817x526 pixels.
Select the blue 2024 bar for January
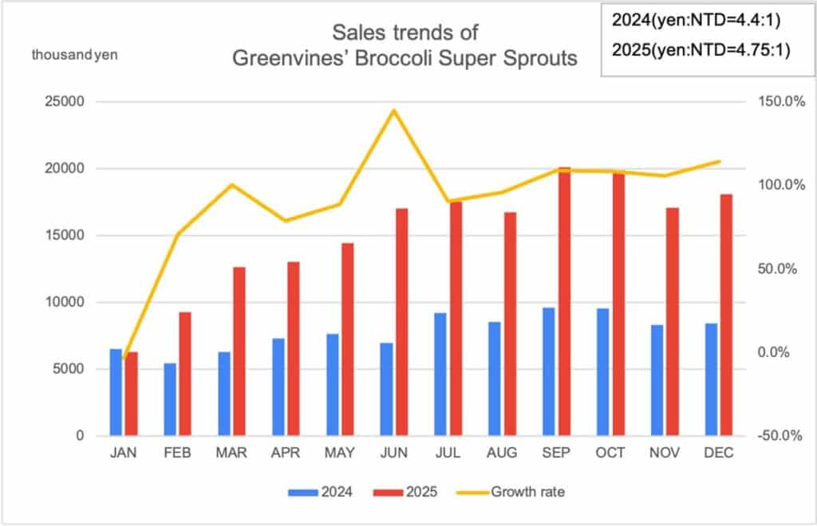116,392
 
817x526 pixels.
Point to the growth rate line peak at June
393,110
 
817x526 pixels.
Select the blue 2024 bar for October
602,371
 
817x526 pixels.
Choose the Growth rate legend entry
511,492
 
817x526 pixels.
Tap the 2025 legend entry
408,492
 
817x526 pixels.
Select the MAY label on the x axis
340,453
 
